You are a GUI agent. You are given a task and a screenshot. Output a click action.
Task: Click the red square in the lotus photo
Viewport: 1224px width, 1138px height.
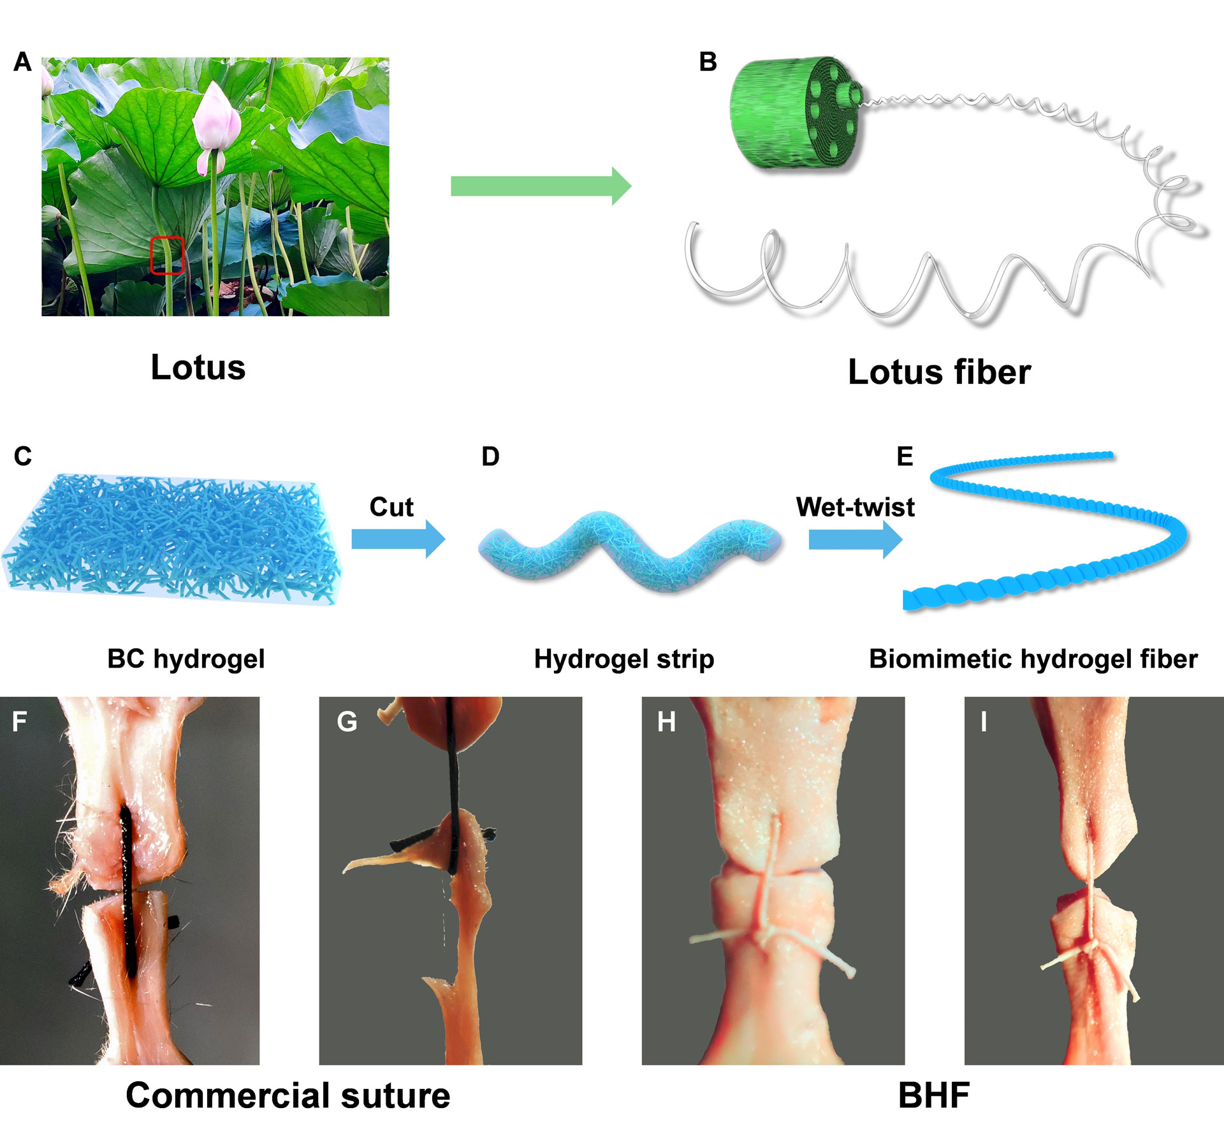pos(167,255)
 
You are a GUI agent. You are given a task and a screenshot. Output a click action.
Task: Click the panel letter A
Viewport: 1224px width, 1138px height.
pos(22,62)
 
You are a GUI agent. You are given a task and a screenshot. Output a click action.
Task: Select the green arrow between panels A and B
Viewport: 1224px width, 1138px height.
pos(541,186)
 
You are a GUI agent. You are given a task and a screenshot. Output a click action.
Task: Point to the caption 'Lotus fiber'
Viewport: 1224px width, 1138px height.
pos(938,372)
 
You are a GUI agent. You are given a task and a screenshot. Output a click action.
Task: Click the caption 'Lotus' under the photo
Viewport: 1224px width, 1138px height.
pos(198,368)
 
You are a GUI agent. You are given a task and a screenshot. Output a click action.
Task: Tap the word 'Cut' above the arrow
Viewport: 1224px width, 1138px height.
pos(391,507)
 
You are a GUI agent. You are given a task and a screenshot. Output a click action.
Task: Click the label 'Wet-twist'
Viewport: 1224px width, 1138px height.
pos(855,507)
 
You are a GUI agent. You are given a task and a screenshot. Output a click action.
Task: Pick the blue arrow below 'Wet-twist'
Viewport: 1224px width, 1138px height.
pos(855,539)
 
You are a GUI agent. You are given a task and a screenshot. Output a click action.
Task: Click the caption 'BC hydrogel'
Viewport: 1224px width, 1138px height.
pos(186,659)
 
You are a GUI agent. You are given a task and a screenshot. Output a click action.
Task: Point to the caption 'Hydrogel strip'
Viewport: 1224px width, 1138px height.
pos(623,659)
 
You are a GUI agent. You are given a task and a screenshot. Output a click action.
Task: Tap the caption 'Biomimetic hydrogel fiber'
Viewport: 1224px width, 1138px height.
pos(1033,659)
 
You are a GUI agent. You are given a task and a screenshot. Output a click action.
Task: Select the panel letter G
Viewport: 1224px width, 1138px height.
pos(347,722)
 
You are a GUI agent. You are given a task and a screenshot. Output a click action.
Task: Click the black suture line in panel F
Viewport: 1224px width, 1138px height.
pos(127,893)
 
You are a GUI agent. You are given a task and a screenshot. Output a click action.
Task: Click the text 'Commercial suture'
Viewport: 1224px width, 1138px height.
pos(288,1095)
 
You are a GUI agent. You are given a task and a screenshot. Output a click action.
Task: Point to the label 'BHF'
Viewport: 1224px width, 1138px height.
pos(933,1095)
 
